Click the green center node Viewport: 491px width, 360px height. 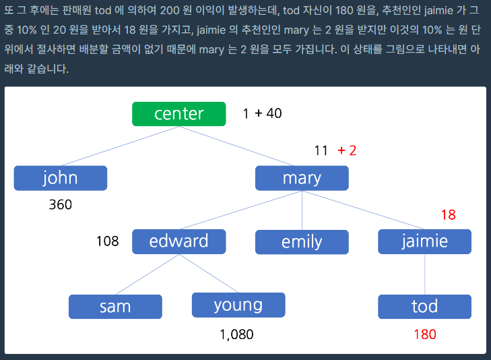click(x=178, y=114)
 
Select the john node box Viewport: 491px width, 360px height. click(x=61, y=178)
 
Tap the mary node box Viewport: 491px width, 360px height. click(x=302, y=178)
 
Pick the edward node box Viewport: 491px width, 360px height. click(x=178, y=241)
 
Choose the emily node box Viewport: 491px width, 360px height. click(x=302, y=242)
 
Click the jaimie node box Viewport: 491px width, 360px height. click(x=424, y=241)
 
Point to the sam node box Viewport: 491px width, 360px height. click(x=115, y=307)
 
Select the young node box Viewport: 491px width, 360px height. click(x=238, y=305)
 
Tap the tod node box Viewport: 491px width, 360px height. click(x=424, y=307)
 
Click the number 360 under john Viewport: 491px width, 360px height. click(x=61, y=204)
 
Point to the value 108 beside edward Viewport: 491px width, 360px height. click(x=107, y=241)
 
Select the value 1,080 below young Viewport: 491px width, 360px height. click(x=236, y=334)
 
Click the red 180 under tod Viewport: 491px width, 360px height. click(x=425, y=334)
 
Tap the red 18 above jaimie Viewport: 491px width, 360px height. click(x=448, y=215)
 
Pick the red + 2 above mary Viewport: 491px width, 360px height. click(x=347, y=151)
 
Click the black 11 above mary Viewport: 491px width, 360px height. click(x=321, y=151)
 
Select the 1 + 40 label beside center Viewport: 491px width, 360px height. click(x=262, y=113)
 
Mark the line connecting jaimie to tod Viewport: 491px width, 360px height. click(x=424, y=274)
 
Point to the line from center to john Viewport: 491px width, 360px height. click(x=120, y=146)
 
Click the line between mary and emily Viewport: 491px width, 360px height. click(x=302, y=210)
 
